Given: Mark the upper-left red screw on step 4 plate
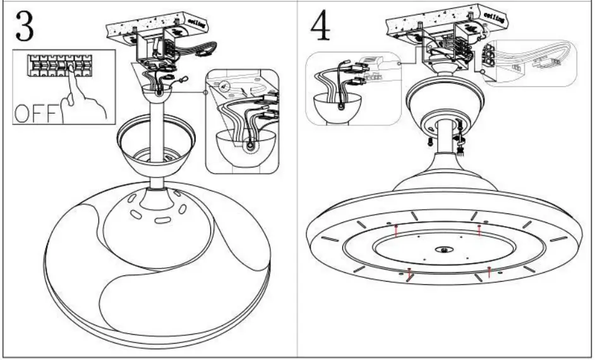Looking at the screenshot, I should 395,230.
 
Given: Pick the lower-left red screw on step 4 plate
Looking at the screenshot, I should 409,273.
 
